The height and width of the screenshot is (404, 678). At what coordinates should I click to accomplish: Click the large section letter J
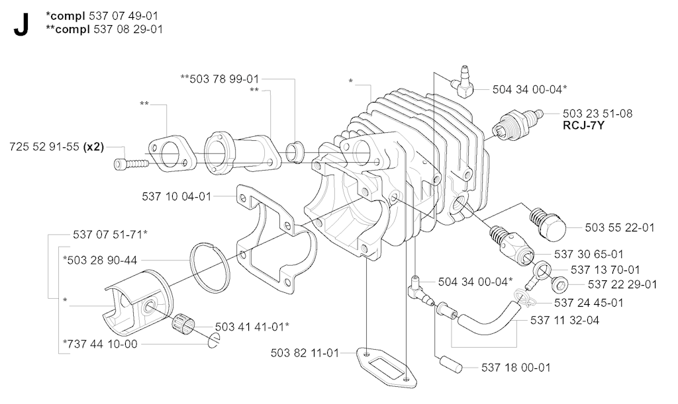(21, 24)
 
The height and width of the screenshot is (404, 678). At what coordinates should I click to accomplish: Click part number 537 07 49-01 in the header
(123, 16)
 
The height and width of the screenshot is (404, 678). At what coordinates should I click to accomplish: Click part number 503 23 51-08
(598, 114)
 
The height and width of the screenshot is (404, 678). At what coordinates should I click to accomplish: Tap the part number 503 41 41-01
(250, 327)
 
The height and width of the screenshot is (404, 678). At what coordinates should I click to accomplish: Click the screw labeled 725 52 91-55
(131, 164)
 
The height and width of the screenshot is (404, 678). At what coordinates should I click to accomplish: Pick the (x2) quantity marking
(93, 147)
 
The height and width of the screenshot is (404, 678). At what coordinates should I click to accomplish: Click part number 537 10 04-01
(176, 197)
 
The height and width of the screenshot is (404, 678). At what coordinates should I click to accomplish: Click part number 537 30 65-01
(589, 254)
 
